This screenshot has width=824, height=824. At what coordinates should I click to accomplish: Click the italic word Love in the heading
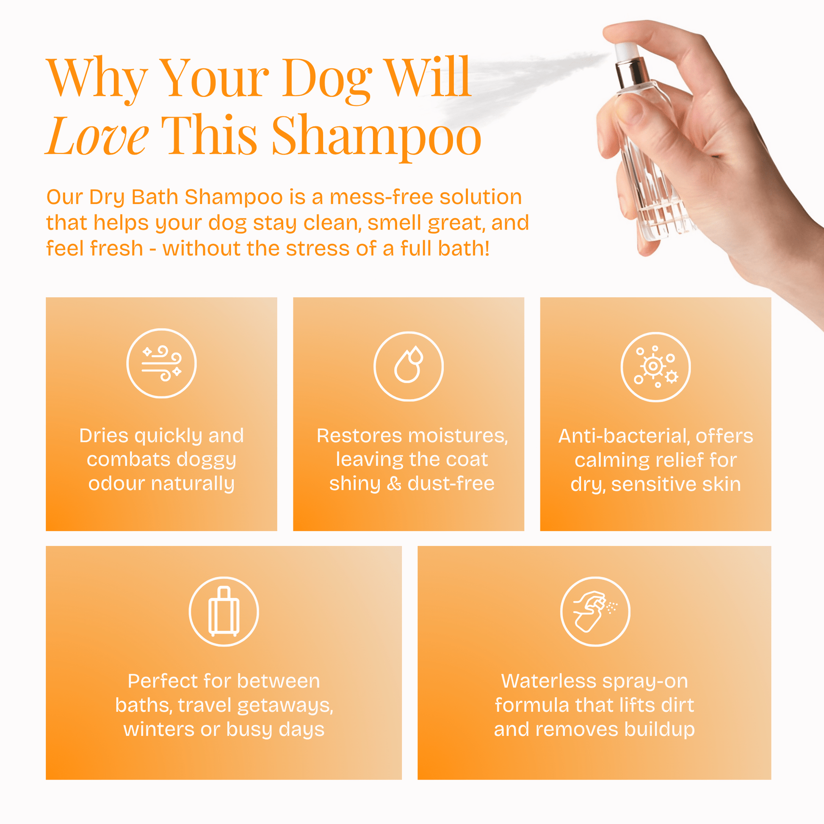[98, 135]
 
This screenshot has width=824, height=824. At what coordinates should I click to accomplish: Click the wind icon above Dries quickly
[162, 363]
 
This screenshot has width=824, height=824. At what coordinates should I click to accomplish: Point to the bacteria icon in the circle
[655, 367]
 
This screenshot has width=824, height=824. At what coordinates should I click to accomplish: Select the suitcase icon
[224, 611]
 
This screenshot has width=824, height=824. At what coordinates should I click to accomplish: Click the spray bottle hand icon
[595, 611]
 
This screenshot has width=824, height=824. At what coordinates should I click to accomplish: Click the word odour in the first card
[117, 484]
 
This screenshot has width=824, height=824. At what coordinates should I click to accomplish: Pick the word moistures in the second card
[458, 436]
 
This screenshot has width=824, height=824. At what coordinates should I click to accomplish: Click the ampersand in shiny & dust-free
[394, 484]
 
